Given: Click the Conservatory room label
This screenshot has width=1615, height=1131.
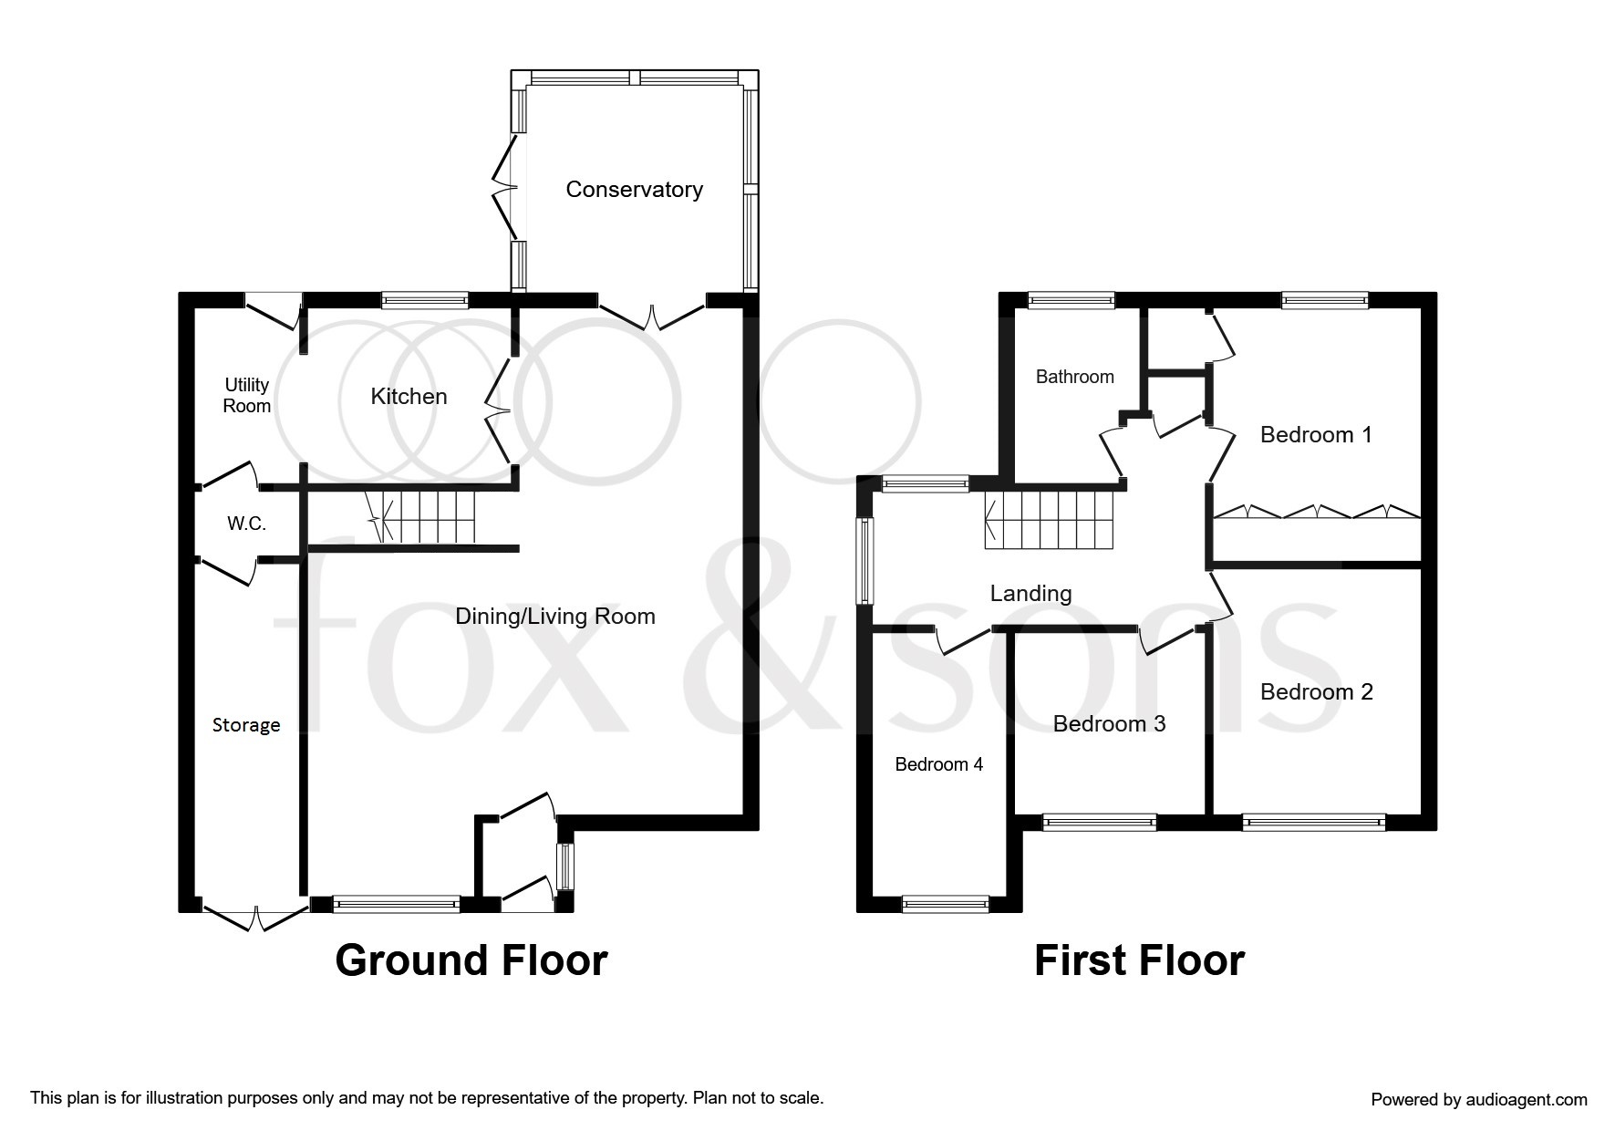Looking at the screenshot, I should click(x=634, y=190).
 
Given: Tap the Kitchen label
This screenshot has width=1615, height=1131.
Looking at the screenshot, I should click(x=409, y=397).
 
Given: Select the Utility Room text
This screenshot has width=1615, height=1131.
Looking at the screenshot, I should click(x=246, y=396).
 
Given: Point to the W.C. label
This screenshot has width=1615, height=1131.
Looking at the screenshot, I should click(x=246, y=524).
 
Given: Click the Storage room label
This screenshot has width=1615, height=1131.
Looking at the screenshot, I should click(x=246, y=725).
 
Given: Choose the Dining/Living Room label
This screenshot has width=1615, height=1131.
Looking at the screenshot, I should click(x=555, y=617).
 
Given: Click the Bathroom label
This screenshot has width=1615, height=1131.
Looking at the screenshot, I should click(x=1074, y=377).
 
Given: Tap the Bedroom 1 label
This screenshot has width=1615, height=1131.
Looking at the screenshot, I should click(x=1315, y=435).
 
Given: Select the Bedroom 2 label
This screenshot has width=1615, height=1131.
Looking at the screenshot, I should click(x=1316, y=692).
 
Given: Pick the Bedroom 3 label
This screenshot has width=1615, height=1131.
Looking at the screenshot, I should click(x=1109, y=724).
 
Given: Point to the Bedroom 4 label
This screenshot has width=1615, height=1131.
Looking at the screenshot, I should click(x=938, y=764).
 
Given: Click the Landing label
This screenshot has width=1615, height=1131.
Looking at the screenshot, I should click(x=1030, y=594).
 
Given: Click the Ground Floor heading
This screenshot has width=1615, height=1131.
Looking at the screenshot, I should click(x=471, y=960).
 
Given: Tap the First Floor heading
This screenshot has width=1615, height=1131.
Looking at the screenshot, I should click(x=1138, y=960).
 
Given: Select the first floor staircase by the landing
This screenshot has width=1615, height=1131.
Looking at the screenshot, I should click(x=1049, y=521).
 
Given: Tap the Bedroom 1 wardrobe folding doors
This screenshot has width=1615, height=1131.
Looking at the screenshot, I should click(x=1316, y=512).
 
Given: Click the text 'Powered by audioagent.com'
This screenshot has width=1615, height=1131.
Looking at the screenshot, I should click(x=1478, y=1100).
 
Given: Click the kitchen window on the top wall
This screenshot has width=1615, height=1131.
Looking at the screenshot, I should click(x=424, y=300).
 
